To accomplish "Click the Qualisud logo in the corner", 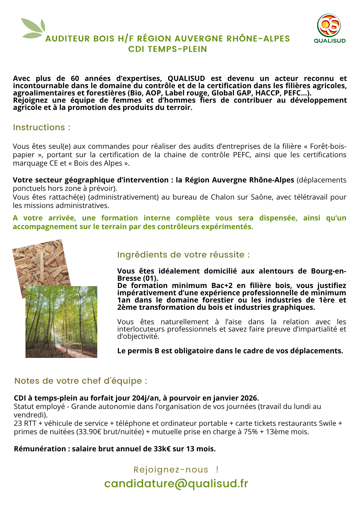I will [x=329, y=28].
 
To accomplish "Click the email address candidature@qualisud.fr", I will [x=176, y=484].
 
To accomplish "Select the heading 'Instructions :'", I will [x=42, y=127].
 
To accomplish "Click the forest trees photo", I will [x=61, y=322].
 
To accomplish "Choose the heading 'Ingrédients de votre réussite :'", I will [x=183, y=255].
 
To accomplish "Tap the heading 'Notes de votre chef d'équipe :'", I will [x=81, y=381].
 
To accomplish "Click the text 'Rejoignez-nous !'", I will [x=176, y=470].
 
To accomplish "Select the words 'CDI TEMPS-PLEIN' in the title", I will [x=168, y=49].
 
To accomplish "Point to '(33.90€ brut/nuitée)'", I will [x=110, y=432].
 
